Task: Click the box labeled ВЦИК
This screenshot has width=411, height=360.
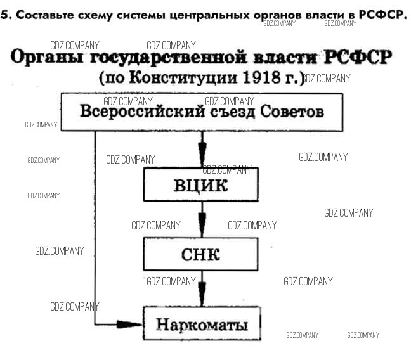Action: point(201,185)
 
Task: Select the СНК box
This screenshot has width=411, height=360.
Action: point(201,255)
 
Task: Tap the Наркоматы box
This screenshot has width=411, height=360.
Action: point(201,325)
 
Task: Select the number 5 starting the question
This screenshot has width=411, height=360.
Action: point(4,15)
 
